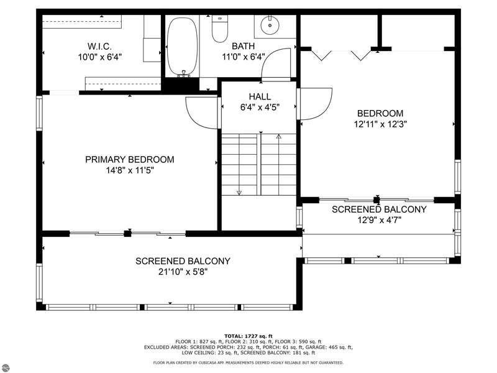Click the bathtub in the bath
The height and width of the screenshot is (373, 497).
[182, 47]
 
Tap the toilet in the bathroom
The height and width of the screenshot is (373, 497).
[220, 29]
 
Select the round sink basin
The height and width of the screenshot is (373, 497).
[270, 25]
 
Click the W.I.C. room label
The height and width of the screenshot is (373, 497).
[99, 46]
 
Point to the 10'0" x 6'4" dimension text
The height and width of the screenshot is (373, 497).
[100, 57]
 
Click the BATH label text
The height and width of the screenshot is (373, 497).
[243, 46]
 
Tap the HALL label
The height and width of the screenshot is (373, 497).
[260, 96]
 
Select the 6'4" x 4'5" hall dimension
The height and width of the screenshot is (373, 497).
[260, 107]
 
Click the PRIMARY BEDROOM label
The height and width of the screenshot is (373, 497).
[130, 159]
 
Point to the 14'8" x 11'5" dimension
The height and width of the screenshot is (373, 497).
[130, 170]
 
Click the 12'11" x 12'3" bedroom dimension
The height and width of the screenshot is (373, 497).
[380, 124]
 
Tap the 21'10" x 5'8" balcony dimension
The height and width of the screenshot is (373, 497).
[183, 272]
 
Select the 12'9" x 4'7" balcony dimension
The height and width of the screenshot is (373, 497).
[380, 220]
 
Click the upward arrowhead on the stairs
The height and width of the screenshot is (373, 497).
[278, 137]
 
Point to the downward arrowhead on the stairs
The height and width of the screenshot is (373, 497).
[239, 193]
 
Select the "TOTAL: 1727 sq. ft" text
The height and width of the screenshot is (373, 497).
[248, 336]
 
